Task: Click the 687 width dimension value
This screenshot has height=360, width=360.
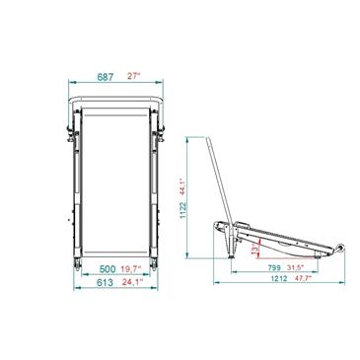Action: pyautogui.click(x=106, y=77)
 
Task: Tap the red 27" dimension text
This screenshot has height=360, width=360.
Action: pyautogui.click(x=134, y=76)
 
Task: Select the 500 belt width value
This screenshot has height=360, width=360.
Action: pyautogui.click(x=108, y=269)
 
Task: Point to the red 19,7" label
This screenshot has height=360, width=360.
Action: pyautogui.click(x=131, y=269)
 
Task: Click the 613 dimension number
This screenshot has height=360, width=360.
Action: pyautogui.click(x=105, y=282)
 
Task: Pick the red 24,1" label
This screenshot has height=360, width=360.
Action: pyautogui.click(x=133, y=282)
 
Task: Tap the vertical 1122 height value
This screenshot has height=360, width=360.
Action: pyautogui.click(x=183, y=211)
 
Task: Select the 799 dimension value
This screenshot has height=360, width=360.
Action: pyautogui.click(x=274, y=267)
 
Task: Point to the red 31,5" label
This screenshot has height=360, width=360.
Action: pyautogui.click(x=295, y=267)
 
